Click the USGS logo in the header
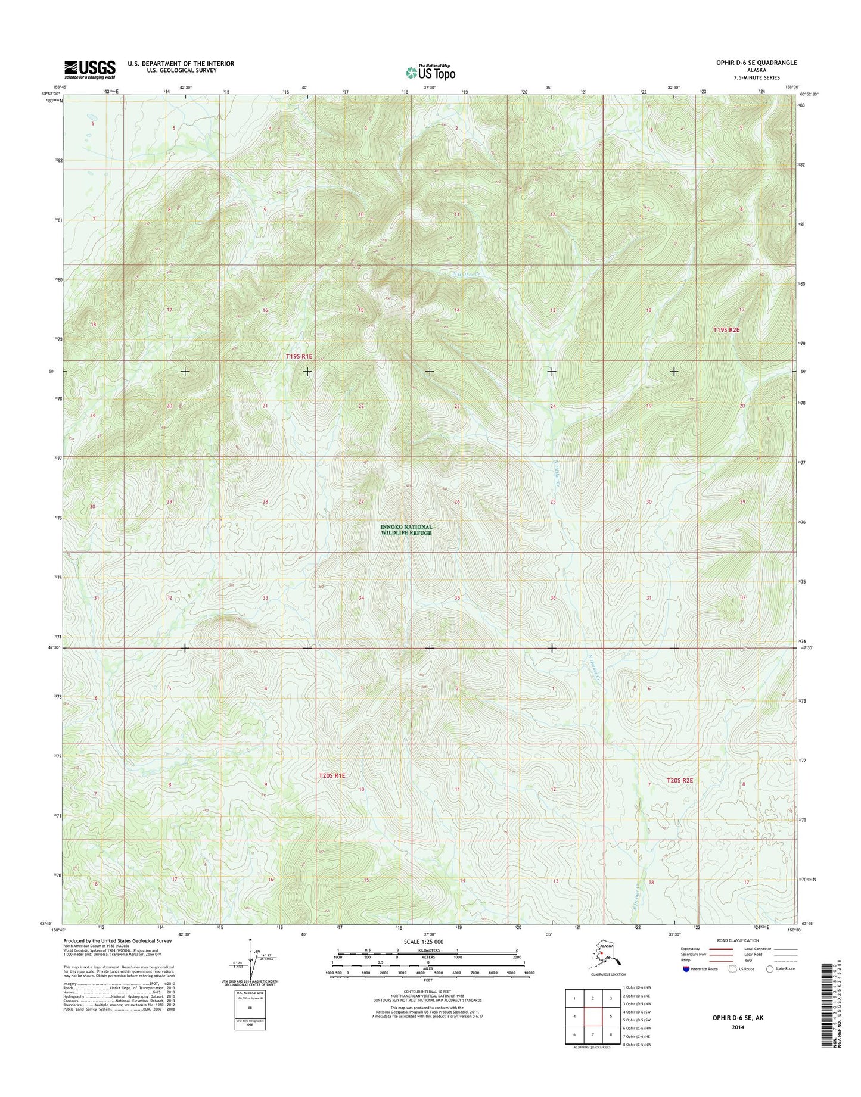tap(89, 69)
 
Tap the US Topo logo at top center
tap(430, 72)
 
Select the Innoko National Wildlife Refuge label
tap(406, 530)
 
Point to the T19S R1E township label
tap(299, 356)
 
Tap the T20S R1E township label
tap(332, 776)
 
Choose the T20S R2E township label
tap(679, 780)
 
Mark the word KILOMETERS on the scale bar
tap(428, 950)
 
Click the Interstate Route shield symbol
tap(687, 969)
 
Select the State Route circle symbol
tap(770, 969)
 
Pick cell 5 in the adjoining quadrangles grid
tap(611, 1017)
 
